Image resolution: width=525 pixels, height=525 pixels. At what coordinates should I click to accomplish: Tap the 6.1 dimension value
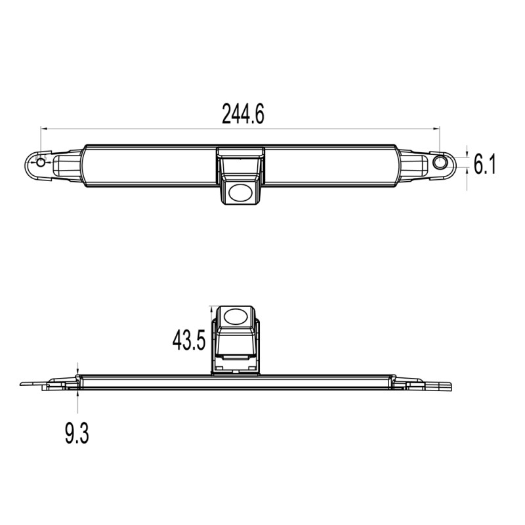click(x=483, y=163)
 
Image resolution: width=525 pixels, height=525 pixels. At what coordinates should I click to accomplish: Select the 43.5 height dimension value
click(x=189, y=340)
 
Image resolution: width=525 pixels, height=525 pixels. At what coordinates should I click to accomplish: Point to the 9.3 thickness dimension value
click(x=77, y=434)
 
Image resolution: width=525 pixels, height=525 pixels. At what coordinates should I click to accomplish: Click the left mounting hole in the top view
click(x=41, y=161)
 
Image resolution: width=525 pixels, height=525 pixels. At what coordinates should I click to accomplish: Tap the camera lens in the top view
click(x=241, y=191)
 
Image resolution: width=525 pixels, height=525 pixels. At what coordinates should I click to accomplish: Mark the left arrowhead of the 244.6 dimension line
click(x=44, y=129)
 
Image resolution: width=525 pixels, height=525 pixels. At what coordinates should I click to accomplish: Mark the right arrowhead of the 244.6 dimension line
click(x=438, y=129)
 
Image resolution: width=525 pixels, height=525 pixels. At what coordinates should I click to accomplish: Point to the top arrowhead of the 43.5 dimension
click(x=211, y=308)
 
